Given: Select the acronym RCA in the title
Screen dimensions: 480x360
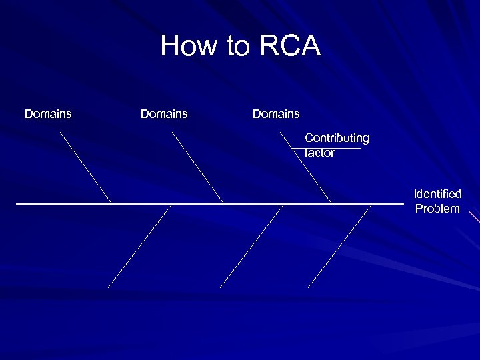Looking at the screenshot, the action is tap(290, 47).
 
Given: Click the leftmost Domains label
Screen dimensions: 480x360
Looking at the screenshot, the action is tap(48, 114).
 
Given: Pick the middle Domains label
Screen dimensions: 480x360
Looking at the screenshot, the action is tap(164, 114).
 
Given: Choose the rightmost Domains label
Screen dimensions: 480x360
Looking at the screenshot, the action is tap(276, 114).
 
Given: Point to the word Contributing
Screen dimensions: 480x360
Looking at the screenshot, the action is tap(337, 138).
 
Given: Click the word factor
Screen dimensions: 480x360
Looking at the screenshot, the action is tap(320, 153).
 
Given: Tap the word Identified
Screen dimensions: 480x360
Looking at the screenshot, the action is tap(437, 194).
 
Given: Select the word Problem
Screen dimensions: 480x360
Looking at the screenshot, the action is tap(437, 209).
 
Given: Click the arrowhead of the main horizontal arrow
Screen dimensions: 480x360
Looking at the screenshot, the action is tap(402, 203).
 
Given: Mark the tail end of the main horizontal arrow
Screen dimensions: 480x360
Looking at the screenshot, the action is tap(17, 203).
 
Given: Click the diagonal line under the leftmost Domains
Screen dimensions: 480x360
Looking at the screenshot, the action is tap(85, 167).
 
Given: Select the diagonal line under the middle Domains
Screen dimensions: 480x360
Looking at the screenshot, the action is tap(197, 167).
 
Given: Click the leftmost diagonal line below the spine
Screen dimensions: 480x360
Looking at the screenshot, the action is tap(140, 245).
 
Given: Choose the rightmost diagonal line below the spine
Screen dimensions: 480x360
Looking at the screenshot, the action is tap(340, 245).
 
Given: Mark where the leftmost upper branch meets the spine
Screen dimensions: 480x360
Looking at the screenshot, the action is tap(111, 203).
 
